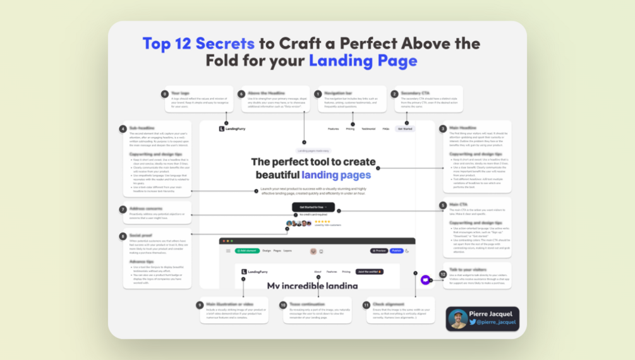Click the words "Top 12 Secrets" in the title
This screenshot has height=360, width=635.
tap(198, 44)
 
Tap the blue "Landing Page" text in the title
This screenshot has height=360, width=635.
tap(363, 61)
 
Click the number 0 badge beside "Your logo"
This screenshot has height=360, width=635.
tap(165, 93)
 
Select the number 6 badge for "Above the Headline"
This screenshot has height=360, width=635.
tap(241, 93)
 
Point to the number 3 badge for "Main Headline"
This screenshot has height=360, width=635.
tap(443, 129)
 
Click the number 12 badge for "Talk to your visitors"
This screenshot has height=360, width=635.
tap(443, 267)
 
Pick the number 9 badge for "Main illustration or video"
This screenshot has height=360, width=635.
tap(200, 305)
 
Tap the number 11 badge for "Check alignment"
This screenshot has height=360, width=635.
tap(366, 305)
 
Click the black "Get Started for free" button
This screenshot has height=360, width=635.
tap(313, 207)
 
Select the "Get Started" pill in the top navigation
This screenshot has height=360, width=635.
tap(406, 129)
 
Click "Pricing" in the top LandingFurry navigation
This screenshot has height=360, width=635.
tap(350, 129)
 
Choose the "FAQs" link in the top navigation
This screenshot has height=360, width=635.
tap(386, 129)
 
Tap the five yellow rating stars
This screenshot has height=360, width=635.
tap(323, 221)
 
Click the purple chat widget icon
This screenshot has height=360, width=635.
tap(426, 280)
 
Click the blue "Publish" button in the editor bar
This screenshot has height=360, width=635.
tap(396, 251)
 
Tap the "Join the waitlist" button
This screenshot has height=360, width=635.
tap(370, 272)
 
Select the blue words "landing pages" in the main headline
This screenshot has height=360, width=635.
tap(336, 175)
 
